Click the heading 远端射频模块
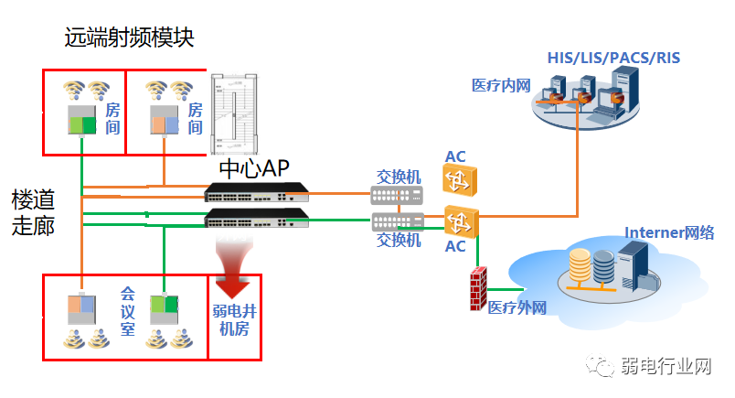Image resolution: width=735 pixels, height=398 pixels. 129,38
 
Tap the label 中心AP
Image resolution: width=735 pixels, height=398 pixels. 253,168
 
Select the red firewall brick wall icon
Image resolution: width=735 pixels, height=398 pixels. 476,290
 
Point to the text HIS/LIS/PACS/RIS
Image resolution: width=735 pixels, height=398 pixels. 613,58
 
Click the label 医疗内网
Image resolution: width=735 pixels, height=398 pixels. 501,85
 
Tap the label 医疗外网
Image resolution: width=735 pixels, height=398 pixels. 517,307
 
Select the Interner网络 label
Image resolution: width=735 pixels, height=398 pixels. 669,232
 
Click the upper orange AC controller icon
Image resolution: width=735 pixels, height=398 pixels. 459,180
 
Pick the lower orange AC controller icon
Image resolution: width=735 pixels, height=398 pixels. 459,221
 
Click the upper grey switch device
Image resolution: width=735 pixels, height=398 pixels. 398,195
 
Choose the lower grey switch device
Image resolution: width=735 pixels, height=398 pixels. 398,221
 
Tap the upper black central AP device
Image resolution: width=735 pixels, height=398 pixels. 257,192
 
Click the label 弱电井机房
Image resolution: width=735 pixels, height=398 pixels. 234,320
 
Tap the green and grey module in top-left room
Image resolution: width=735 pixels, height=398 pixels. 82,123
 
